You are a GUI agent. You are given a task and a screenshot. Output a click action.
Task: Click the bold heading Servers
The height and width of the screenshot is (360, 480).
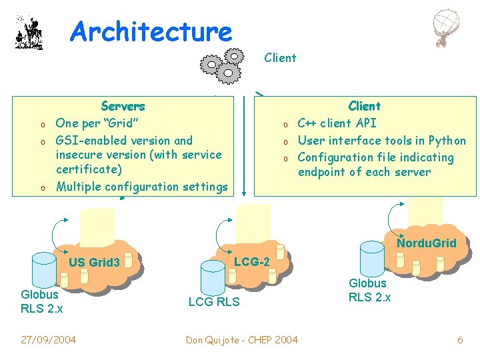click(123, 106)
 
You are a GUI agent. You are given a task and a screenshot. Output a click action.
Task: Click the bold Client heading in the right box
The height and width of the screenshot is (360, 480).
click(365, 106)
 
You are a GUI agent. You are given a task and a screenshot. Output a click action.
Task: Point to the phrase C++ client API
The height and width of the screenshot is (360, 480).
click(337, 123)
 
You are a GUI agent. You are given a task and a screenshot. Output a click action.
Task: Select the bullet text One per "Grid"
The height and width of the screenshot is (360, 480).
click(97, 123)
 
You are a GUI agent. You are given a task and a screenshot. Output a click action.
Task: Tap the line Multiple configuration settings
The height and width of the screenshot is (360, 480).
click(141, 187)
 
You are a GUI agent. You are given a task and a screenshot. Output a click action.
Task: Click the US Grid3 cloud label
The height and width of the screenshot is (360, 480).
click(94, 263)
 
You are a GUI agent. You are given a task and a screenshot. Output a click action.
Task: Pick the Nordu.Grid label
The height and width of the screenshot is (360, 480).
click(427, 243)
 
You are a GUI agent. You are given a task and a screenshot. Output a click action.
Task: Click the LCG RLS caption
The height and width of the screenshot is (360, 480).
click(213, 303)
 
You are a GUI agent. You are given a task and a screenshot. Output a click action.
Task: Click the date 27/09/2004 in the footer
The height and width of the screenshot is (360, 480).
click(48, 340)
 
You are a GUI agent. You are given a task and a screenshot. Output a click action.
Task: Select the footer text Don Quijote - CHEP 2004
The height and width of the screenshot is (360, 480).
click(242, 340)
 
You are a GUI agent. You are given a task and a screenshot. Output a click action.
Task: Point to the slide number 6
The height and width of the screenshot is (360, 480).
click(460, 340)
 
